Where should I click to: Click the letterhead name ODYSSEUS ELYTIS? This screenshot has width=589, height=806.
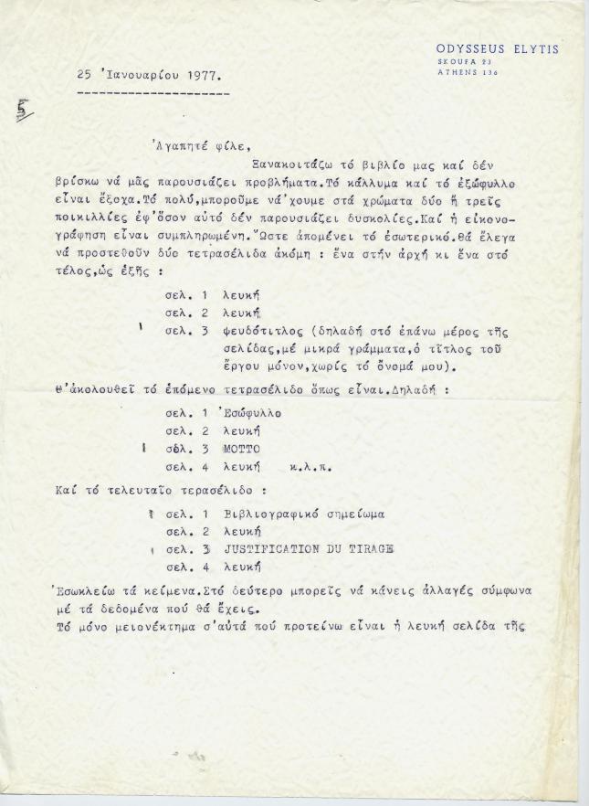(497, 48)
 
